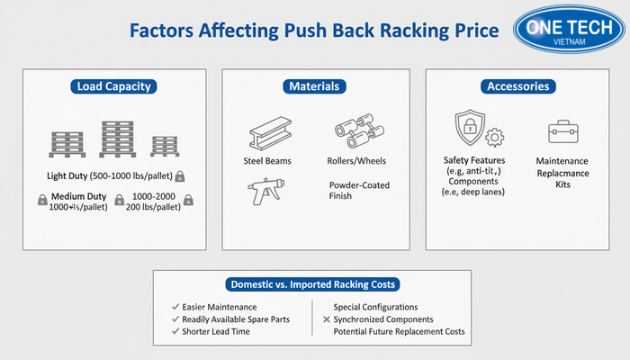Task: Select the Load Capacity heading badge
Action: (x=113, y=87)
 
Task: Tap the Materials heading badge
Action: (x=314, y=87)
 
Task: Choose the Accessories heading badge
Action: (x=517, y=87)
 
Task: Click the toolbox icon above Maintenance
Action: (x=563, y=133)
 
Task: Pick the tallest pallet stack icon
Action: (x=116, y=139)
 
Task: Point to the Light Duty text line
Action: (x=110, y=175)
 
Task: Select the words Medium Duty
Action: (x=75, y=196)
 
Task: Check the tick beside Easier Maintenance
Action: (x=175, y=307)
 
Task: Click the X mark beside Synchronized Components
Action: (x=326, y=319)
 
